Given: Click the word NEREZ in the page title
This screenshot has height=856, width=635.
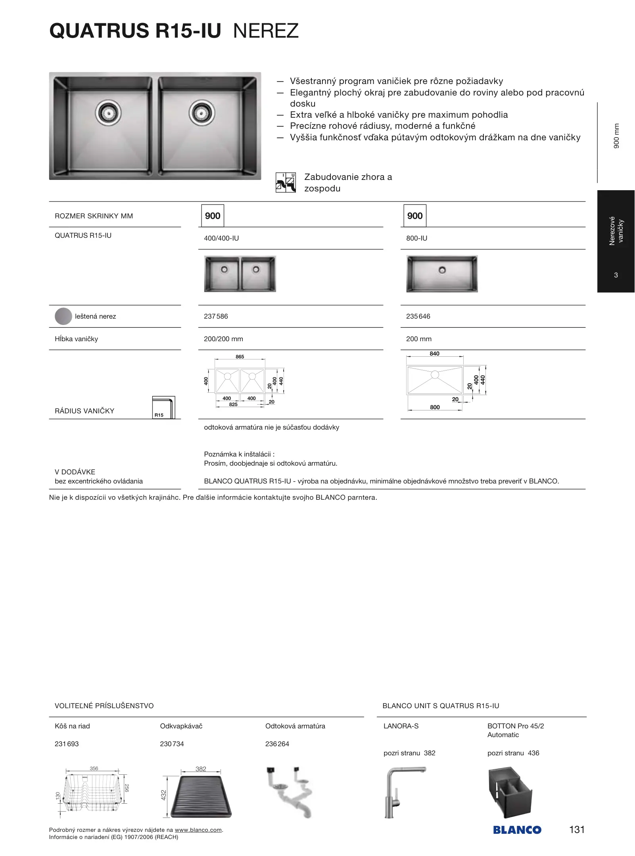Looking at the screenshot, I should point(266,31).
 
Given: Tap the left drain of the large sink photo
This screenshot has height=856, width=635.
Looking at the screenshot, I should point(108,113).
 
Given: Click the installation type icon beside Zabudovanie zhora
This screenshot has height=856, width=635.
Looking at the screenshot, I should point(286,183).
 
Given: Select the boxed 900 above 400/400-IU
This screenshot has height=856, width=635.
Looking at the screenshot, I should point(213,216).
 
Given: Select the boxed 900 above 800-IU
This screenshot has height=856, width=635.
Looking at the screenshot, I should point(415,216).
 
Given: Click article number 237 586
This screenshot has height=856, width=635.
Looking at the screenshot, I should point(216,316).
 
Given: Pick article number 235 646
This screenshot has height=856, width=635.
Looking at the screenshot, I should point(418,316).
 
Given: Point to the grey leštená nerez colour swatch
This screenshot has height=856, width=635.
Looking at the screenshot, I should point(63,316).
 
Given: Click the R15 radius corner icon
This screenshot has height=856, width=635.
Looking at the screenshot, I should point(163,407).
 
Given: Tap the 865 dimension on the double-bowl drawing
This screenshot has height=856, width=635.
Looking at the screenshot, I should point(240,357).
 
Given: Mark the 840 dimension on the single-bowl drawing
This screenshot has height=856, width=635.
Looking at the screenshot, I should point(434,353).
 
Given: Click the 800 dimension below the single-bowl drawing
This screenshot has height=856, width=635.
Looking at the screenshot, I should point(435,407).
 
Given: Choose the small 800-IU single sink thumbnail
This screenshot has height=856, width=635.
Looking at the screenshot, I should point(442,274).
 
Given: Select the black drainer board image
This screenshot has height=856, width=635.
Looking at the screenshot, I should point(201,797).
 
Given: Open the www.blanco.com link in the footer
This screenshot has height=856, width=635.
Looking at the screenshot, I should point(198,830).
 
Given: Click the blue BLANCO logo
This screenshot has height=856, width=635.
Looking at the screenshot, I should point(517,830).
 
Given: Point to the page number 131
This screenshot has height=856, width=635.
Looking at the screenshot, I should point(577,829).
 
